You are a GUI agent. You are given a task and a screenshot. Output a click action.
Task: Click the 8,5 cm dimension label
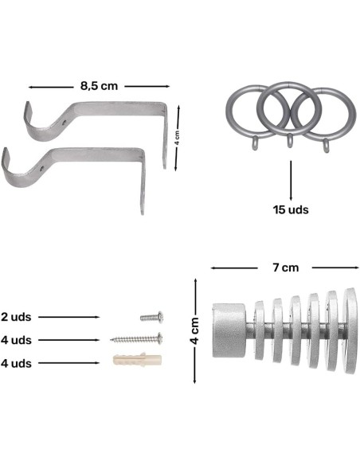point(99,86)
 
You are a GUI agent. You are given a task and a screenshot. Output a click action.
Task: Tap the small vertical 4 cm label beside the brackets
point(177,138)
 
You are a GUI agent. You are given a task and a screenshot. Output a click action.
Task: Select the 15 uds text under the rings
point(291,209)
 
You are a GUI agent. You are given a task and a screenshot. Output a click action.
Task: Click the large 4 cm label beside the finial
point(194,330)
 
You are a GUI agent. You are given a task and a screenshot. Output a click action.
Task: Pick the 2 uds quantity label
point(16,317)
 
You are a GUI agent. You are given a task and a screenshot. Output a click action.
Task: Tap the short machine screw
point(151,317)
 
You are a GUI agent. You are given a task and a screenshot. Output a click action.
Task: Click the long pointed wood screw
point(136,338)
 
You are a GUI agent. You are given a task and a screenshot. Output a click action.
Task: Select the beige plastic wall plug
point(137,359)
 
